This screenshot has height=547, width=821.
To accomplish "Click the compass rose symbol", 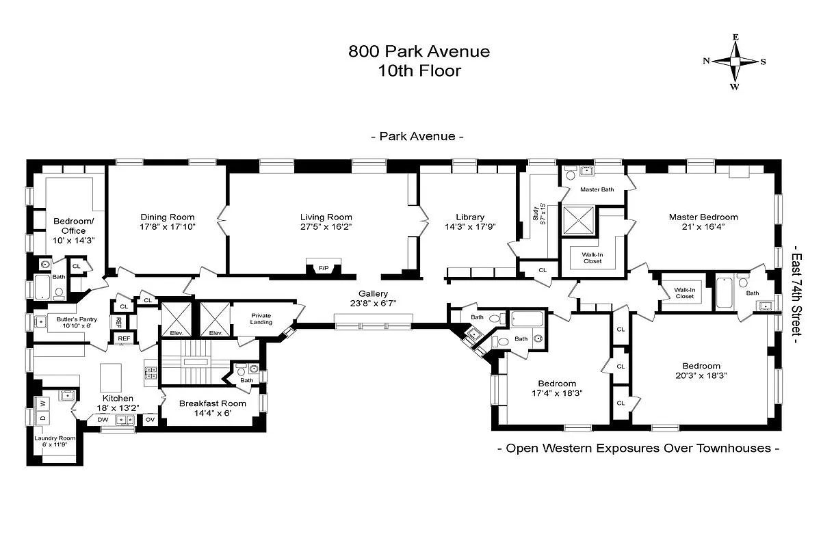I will pos(735,61).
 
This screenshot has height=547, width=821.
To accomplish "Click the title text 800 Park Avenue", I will pos(419,51).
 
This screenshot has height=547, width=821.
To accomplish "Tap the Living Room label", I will pos(326,217).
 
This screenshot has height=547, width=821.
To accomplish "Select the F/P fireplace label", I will pos(323,268).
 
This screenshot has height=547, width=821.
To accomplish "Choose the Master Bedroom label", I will pos(703,217).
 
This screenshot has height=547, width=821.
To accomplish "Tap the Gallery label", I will pos(372,293).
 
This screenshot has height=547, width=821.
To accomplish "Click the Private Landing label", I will pos(261,319).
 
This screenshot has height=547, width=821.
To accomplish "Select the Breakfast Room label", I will pos(212,403).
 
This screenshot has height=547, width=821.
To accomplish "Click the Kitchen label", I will pos(119,398).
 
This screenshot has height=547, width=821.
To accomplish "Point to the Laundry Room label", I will pos(55,438).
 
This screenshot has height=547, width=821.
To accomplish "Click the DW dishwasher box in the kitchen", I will pos(102,420).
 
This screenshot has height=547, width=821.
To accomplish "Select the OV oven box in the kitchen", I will pos(150,420).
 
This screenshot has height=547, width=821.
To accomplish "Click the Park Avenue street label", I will pos(417,136).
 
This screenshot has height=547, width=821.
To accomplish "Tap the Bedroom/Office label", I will pos(69,226).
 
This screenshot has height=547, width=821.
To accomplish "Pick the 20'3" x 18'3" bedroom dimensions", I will pos(701,375).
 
